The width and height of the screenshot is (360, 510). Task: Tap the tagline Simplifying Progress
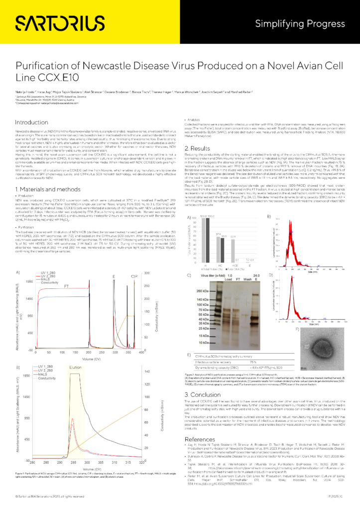tap(300, 23)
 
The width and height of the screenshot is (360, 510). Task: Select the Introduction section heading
tap(31, 122)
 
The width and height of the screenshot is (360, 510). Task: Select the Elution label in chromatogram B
tap(76, 367)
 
